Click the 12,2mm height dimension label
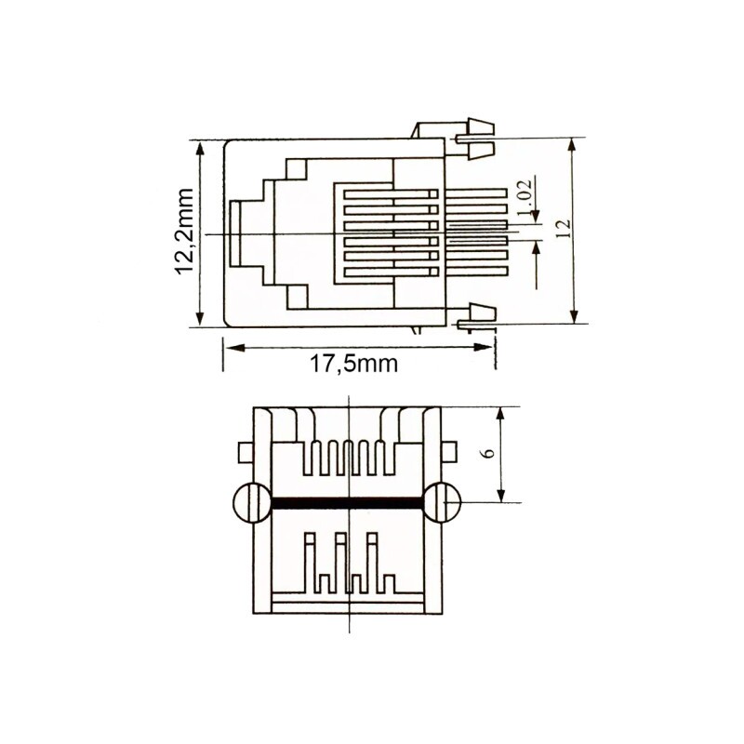[x=183, y=232]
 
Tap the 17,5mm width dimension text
[x=353, y=364]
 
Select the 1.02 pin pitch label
[x=522, y=199]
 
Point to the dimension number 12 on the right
[x=562, y=231]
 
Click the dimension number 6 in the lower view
[x=489, y=453]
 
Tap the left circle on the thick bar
[x=249, y=503]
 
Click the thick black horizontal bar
[x=346, y=503]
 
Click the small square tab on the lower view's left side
[x=245, y=453]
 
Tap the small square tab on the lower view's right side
[x=450, y=453]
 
